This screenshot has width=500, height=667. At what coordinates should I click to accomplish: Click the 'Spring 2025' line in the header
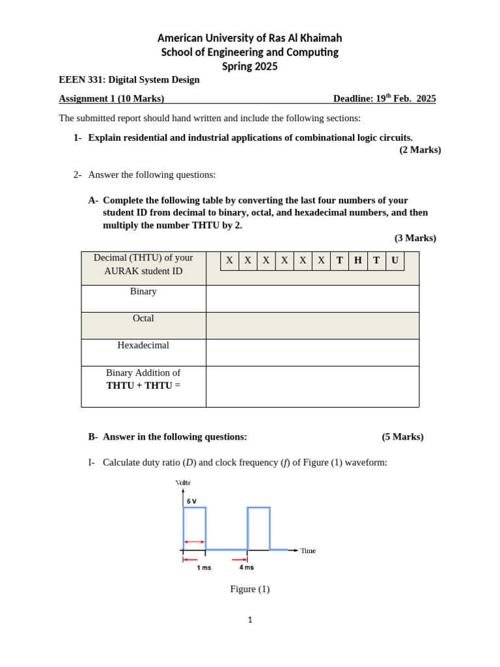(x=249, y=66)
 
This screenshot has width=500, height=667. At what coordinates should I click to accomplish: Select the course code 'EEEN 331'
(x=81, y=80)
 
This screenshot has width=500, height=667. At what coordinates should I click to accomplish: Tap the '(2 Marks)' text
(x=420, y=150)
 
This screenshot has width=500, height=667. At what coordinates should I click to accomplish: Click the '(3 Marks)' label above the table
(x=415, y=238)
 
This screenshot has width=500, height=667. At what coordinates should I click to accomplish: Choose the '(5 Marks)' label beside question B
(x=402, y=437)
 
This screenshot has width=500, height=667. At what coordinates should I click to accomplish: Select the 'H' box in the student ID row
(x=358, y=261)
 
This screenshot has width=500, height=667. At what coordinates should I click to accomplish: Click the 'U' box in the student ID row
(x=395, y=261)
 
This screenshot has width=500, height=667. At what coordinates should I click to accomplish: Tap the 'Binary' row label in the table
(x=143, y=292)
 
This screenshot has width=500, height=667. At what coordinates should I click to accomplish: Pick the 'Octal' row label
(x=143, y=319)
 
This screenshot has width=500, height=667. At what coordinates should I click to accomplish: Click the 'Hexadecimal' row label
(x=143, y=345)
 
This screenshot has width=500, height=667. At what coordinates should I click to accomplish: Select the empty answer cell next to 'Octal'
(x=312, y=326)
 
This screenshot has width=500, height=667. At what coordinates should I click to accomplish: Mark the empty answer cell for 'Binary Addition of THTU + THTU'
(x=312, y=386)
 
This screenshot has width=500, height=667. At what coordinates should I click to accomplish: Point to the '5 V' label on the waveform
(x=192, y=502)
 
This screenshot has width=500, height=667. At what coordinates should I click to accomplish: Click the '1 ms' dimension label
(x=204, y=567)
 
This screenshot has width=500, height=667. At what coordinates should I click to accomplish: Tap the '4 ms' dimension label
(x=246, y=567)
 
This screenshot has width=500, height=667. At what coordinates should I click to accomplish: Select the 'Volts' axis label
(x=183, y=483)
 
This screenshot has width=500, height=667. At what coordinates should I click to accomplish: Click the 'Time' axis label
(x=308, y=551)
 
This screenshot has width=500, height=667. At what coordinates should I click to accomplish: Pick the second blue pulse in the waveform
(x=258, y=528)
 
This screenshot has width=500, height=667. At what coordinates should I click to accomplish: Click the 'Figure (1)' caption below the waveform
(x=249, y=589)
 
